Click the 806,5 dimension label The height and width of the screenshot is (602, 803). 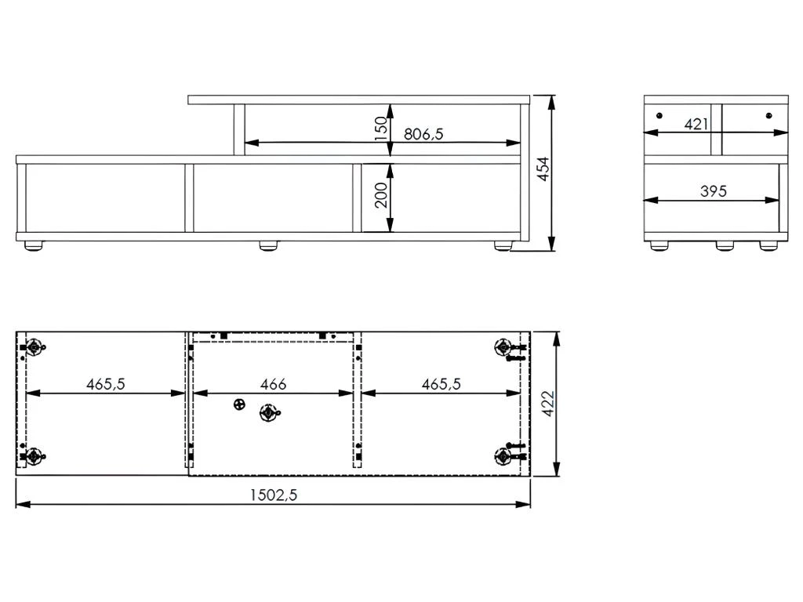pos(423,134)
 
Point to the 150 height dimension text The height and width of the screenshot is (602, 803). pos(381,128)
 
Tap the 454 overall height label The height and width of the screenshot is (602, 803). pos(543,169)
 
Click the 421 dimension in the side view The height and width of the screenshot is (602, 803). pos(696,124)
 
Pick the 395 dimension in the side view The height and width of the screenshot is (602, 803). pos(712,190)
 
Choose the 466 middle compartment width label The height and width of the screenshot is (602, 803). pos(273,384)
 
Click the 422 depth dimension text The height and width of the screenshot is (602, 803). pos(548,403)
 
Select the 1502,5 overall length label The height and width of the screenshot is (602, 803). pos(274,495)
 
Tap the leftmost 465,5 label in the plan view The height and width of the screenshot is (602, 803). pos(106,384)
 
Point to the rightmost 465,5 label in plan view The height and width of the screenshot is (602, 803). pos(441,384)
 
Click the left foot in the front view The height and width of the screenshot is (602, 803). pos(34,246)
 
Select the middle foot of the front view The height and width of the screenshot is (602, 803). pos(269,246)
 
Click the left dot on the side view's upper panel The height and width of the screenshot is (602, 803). pos(659,115)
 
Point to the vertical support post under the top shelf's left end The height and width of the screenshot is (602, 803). pos(239,129)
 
